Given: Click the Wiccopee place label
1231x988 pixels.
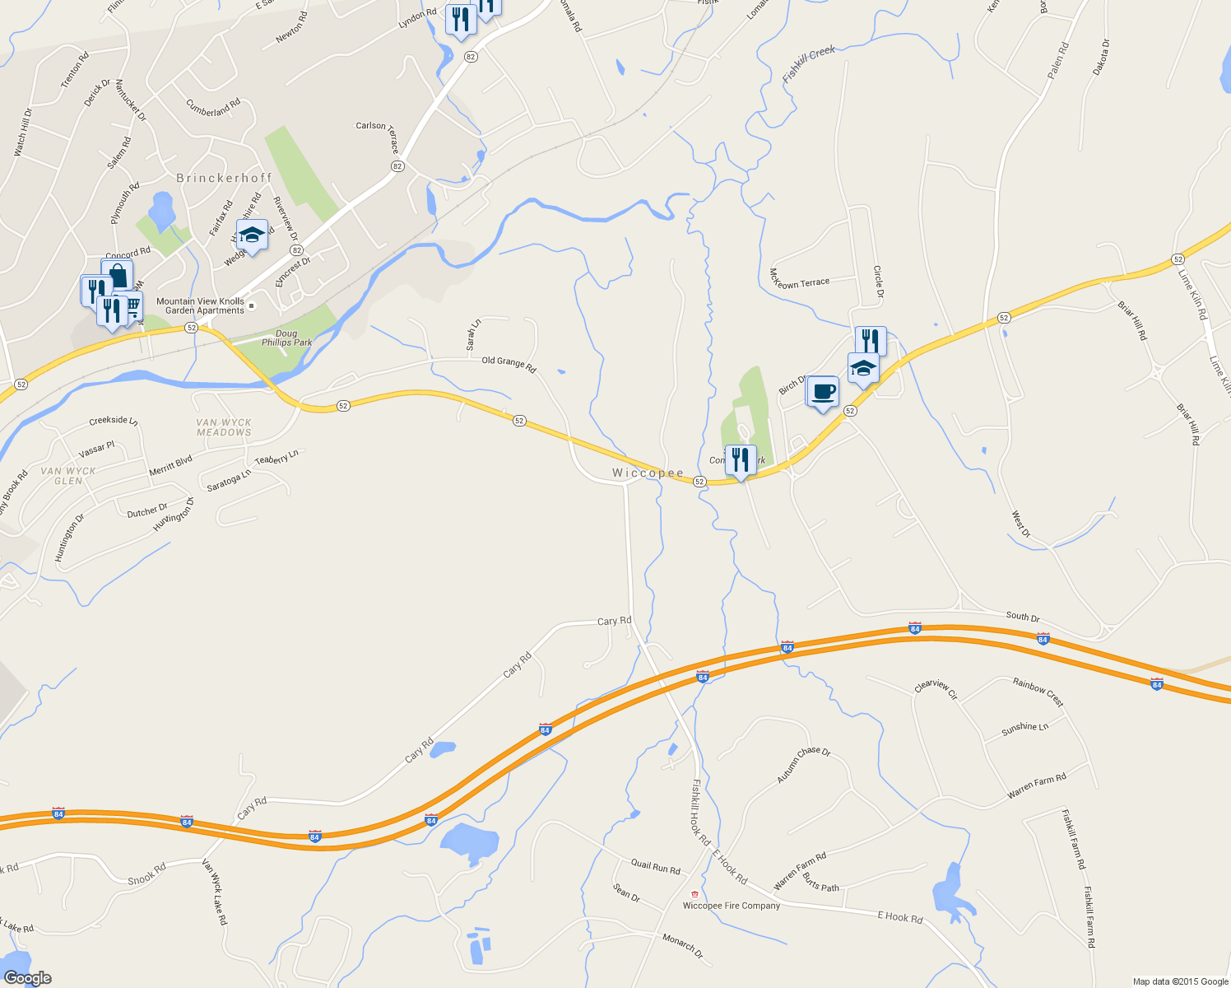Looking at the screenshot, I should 648,473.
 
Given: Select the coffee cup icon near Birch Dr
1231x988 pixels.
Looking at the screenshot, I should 822,391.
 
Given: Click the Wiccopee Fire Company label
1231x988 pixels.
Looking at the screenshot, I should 732,906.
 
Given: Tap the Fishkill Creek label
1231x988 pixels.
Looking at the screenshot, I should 809,63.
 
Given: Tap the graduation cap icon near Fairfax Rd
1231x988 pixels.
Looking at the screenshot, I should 252,235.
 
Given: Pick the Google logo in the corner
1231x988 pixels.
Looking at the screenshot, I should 27,978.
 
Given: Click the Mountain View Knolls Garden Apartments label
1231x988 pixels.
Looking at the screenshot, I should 201,306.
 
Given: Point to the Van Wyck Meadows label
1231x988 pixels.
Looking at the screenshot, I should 224,427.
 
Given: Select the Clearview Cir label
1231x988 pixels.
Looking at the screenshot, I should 936,690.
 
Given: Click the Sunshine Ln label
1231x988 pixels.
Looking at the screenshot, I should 1024,728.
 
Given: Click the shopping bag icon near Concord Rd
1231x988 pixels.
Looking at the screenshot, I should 117,275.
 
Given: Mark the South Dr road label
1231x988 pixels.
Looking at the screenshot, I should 1023,616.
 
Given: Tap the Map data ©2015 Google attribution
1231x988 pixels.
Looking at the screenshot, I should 1180,981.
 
